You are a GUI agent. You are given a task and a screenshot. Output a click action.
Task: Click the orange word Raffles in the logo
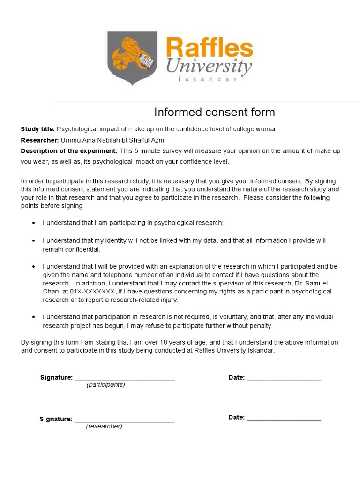(209, 49)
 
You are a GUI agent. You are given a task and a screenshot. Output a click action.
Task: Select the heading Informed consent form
(215, 112)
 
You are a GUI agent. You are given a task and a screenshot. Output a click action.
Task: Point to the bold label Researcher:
(40, 140)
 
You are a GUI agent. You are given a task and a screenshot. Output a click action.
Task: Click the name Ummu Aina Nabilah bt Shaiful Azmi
(113, 140)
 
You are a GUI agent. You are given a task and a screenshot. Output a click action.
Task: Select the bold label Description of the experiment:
(69, 151)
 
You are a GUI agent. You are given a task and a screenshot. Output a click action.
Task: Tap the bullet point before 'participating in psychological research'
(33, 223)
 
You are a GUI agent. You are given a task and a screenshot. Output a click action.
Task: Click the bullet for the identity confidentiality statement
(33, 240)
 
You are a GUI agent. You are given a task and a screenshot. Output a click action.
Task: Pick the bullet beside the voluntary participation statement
(33, 317)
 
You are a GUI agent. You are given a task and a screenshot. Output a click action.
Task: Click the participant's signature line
(125, 379)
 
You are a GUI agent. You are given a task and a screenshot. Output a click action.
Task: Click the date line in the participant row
(284, 379)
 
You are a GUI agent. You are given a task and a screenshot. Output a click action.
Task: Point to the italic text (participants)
(105, 385)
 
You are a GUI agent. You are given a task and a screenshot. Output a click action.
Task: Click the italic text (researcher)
(104, 426)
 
